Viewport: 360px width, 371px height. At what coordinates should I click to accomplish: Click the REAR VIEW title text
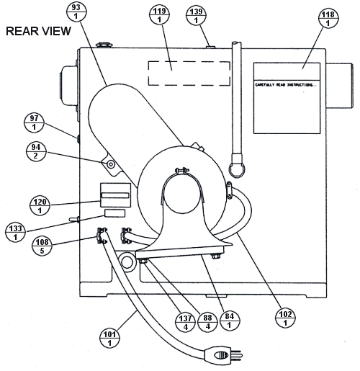tap(38, 32)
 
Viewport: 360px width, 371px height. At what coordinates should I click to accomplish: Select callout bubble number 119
tap(158, 14)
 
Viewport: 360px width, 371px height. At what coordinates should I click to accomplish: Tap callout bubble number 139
tap(195, 14)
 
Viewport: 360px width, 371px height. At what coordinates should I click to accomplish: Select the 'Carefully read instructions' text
tap(286, 85)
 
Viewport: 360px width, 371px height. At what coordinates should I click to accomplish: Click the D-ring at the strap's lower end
tap(235, 170)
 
